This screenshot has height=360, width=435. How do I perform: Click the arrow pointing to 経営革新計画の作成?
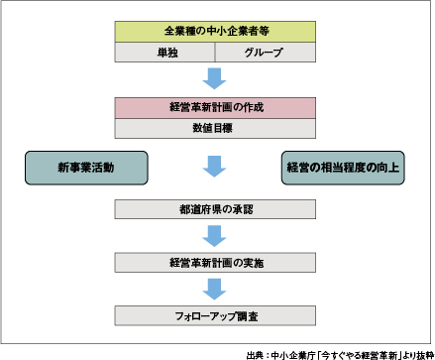tap(214, 77)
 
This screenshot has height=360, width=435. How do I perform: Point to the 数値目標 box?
tap(214, 128)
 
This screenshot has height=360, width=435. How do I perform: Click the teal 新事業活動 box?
tap(85, 168)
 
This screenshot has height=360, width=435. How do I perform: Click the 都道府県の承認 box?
tap(214, 209)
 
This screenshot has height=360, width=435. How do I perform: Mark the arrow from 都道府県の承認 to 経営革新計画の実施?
tap(214, 236)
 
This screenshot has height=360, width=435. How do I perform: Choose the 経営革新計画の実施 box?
tap(214, 263)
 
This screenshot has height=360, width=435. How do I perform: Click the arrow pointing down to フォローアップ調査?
tap(214, 289)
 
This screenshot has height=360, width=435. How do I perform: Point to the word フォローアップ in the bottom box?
tap(202, 315)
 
